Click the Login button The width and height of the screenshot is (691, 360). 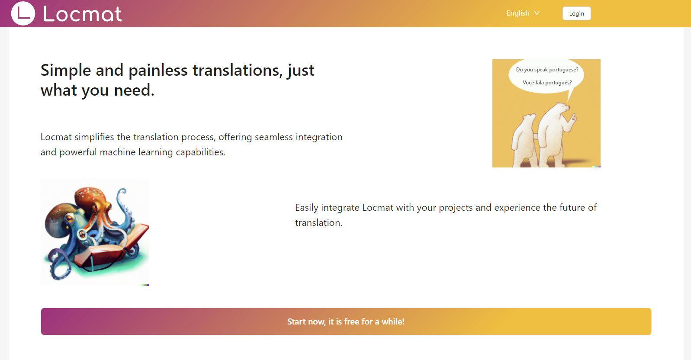pyautogui.click(x=576, y=13)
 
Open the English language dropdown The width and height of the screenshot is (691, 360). pyautogui.click(x=523, y=13)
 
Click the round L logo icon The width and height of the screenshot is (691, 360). pyautogui.click(x=23, y=13)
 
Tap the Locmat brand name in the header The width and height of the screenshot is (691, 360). pyautogui.click(x=82, y=14)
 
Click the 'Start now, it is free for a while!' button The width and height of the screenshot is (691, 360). pyautogui.click(x=346, y=321)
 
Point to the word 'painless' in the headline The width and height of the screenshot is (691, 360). pyautogui.click(x=158, y=71)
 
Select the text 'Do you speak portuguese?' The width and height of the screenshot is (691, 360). pyautogui.click(x=547, y=70)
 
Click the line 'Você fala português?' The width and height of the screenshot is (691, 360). pyautogui.click(x=547, y=83)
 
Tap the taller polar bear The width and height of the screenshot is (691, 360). pyautogui.click(x=554, y=133)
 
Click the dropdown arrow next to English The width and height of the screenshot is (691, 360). pyautogui.click(x=537, y=13)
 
